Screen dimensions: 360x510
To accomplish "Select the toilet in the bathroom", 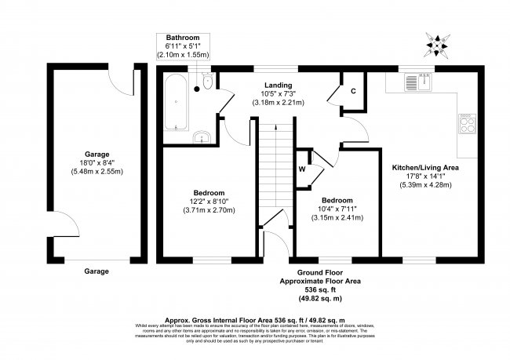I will tap(206, 82).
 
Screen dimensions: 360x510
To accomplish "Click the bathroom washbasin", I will tap(203, 137).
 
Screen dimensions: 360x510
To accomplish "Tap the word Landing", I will tap(278, 85).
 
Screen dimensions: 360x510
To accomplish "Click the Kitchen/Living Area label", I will tap(425, 168).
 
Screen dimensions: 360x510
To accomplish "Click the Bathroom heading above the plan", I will tap(181, 38).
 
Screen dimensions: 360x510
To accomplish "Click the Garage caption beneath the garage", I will tap(97, 271).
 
